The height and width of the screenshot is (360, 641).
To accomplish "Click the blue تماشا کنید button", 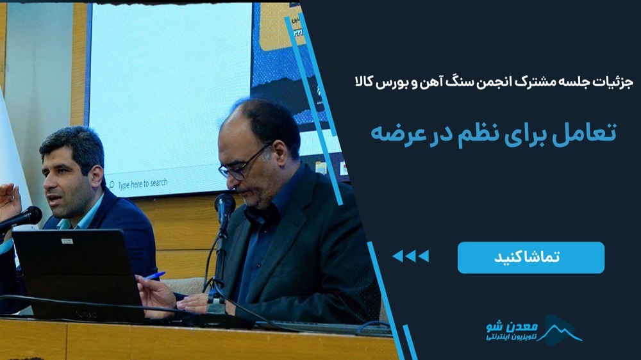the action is pyautogui.click(x=531, y=258).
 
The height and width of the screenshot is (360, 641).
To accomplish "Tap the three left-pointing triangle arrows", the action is pyautogui.click(x=410, y=256).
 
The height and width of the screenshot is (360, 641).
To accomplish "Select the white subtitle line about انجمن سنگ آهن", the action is pyautogui.click(x=494, y=82).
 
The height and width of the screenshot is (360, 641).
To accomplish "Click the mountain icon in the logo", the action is pyautogui.click(x=561, y=330).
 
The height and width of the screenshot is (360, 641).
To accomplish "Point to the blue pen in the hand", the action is pyautogui.click(x=156, y=276).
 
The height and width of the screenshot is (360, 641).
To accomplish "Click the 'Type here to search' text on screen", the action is pyautogui.click(x=143, y=184).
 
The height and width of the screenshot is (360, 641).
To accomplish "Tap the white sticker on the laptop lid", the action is pyautogui.click(x=67, y=241).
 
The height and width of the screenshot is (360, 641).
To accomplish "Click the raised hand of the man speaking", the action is pyautogui.click(x=9, y=202).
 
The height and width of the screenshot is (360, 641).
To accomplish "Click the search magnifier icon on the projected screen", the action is pyautogui.click(x=111, y=185).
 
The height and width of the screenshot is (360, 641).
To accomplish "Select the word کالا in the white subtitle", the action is pyautogui.click(x=364, y=82).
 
